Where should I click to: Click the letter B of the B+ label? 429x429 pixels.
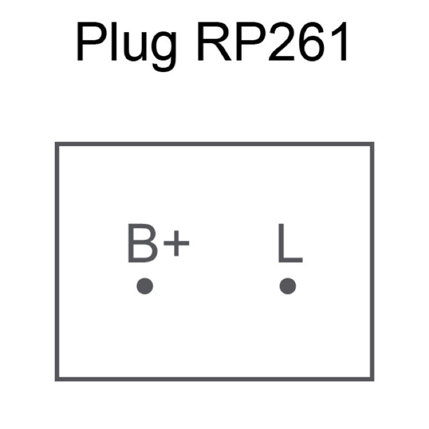(x=140, y=244)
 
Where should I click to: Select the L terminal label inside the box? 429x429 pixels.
(x=289, y=244)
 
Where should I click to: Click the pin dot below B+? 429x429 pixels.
(x=145, y=286)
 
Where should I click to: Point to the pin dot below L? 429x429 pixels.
(x=288, y=286)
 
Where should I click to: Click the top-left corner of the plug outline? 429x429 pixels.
(x=57, y=144)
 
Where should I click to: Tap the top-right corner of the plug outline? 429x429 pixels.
(x=372, y=144)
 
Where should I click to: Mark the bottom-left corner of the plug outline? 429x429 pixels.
(x=57, y=379)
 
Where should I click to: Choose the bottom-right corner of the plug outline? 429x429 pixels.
(x=372, y=379)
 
